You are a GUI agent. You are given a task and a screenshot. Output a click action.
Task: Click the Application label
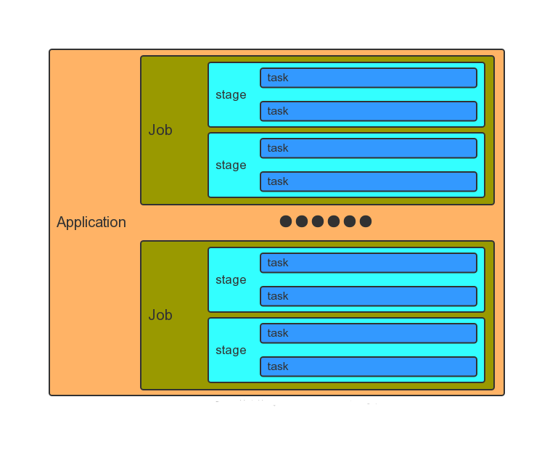(91, 223)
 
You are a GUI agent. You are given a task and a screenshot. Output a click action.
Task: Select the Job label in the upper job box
(160, 130)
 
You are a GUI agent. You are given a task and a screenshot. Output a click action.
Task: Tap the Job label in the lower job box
(160, 315)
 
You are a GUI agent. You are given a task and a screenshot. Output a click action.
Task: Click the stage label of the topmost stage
(231, 95)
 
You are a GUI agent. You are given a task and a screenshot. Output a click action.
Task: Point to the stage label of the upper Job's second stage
(231, 165)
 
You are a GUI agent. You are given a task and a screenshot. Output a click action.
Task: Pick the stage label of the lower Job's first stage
(231, 280)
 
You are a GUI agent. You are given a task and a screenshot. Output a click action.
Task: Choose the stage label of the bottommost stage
(231, 351)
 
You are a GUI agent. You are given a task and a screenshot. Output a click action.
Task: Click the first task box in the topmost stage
(369, 78)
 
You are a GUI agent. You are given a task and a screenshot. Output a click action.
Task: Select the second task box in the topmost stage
(369, 111)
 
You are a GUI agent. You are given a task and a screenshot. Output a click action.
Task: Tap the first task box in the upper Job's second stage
(369, 148)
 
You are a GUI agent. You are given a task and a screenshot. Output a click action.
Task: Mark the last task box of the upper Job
(369, 181)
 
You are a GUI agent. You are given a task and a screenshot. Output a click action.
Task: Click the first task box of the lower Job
(369, 263)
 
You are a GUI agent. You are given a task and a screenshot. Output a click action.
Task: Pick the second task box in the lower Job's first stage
(369, 296)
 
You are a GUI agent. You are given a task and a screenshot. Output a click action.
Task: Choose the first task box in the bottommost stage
(369, 333)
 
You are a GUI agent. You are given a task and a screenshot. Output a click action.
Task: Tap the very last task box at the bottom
(369, 366)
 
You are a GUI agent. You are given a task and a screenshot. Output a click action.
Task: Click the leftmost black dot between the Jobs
(286, 221)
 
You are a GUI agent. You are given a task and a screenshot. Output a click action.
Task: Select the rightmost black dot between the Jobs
(366, 221)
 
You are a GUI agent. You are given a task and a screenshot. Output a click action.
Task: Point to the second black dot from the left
(302, 221)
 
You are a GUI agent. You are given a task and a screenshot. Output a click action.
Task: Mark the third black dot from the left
(318, 221)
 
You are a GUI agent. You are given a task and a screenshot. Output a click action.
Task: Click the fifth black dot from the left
(350, 221)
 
